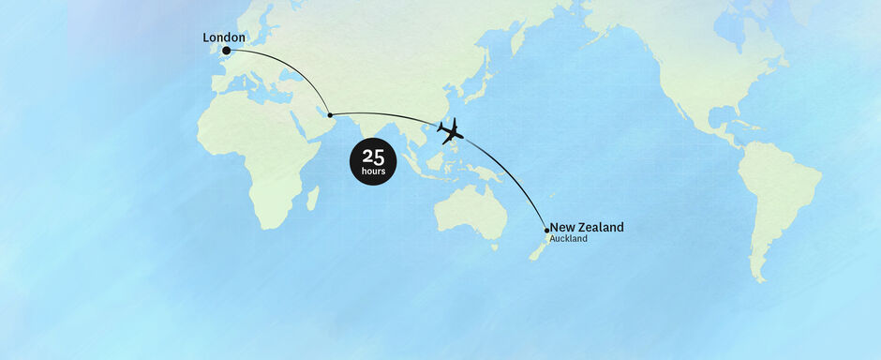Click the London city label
point(224,37)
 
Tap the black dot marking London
point(226,51)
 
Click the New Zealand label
point(586,227)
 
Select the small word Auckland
point(568,239)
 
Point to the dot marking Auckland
point(546,230)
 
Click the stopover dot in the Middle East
point(330,114)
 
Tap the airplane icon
point(450,130)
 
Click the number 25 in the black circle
point(373,157)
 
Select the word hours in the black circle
point(373,172)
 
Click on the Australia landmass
point(469,211)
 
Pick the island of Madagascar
point(312,198)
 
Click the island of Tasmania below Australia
point(494,247)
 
